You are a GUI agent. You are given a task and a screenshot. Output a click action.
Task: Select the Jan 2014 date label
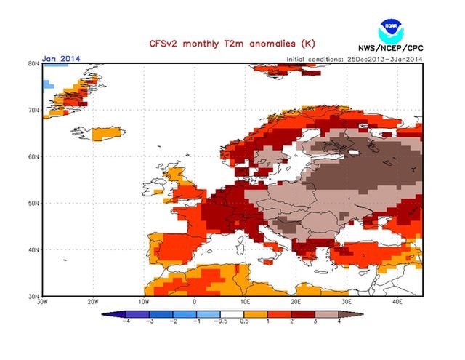(60, 58)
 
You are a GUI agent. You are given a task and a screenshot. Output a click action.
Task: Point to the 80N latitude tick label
(33, 64)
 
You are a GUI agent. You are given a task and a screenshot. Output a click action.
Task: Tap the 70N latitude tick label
(33, 111)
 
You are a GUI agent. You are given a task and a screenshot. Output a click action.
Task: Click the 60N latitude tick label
(33, 156)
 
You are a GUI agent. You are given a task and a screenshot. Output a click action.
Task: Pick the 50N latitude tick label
(33, 203)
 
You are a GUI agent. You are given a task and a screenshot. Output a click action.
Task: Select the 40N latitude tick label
(33, 249)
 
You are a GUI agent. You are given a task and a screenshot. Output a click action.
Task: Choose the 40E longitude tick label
(397, 301)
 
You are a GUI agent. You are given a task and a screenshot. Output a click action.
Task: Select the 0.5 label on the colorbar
(244, 320)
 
